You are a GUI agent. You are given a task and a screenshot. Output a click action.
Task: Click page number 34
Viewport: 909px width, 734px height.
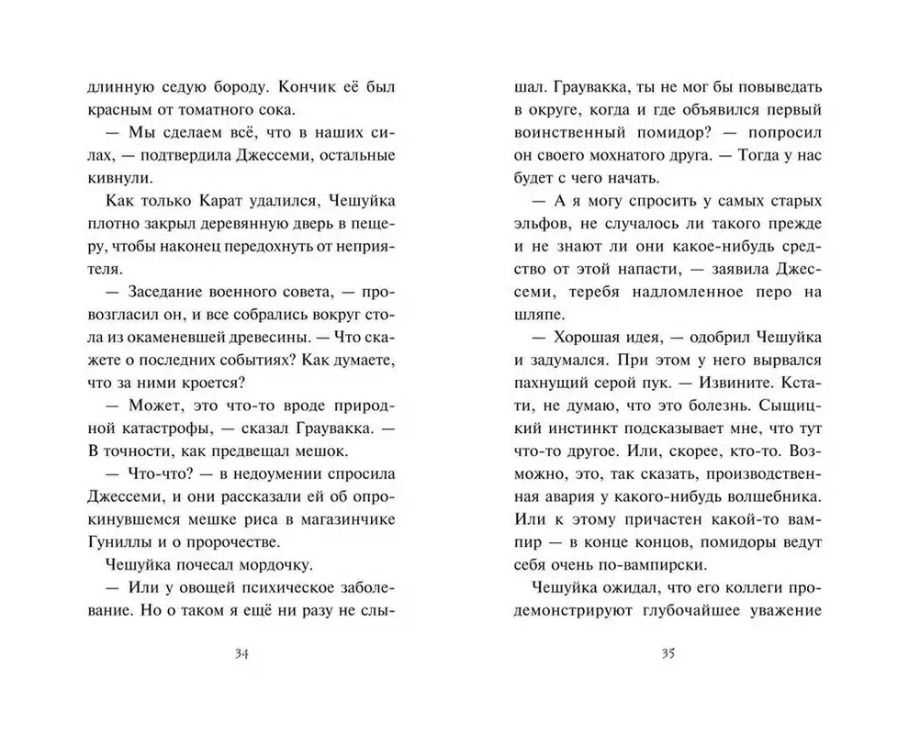pyautogui.click(x=243, y=653)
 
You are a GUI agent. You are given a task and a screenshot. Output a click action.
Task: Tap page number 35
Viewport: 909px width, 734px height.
pyautogui.click(x=668, y=653)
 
